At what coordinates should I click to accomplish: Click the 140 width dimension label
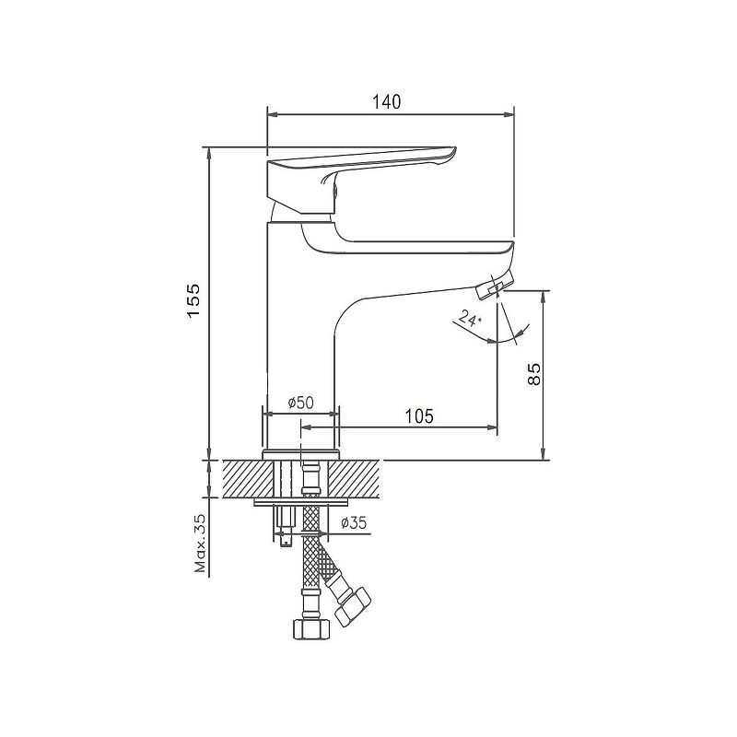click(x=387, y=101)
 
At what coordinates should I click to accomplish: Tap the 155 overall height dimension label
click(x=193, y=301)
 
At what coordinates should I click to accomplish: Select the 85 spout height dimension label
click(x=534, y=374)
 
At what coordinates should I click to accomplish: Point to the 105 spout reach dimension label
click(x=420, y=416)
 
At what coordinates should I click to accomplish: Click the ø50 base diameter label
click(x=301, y=403)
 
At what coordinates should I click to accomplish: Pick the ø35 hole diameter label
click(x=354, y=522)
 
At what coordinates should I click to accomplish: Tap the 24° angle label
click(x=470, y=318)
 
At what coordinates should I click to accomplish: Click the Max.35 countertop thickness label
click(x=201, y=544)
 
